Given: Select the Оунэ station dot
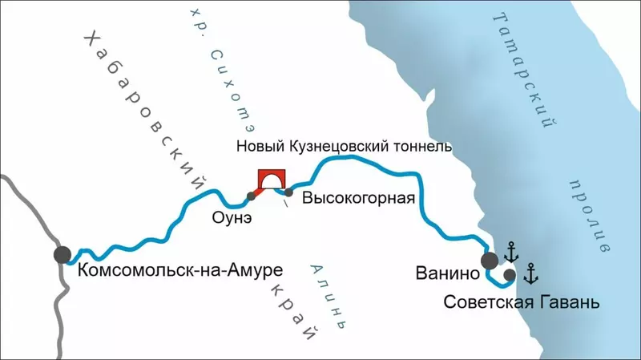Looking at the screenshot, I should [x=252, y=196].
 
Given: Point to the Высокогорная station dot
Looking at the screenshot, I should [x=288, y=192].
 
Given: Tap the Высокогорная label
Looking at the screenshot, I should [x=358, y=200].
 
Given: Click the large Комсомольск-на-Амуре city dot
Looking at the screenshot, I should [x=62, y=255].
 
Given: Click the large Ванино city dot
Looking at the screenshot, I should [x=489, y=260].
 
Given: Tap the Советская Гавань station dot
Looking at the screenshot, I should [x=510, y=274].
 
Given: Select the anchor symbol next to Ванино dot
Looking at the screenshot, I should [x=511, y=253].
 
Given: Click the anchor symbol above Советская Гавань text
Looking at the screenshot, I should [x=530, y=273].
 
